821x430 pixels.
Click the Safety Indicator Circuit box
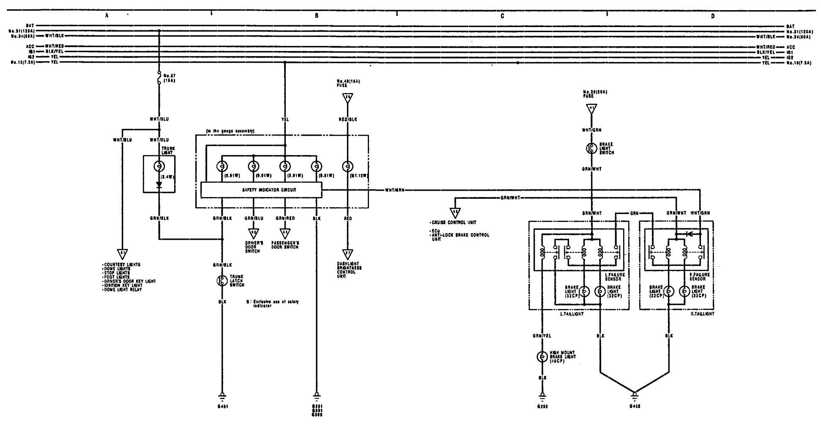261,190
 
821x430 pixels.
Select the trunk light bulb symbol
159,166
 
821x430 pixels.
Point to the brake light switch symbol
591,148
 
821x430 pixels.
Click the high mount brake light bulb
542,357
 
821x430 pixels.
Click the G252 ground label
542,406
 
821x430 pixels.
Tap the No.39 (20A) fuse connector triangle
591,109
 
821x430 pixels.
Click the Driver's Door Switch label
254,247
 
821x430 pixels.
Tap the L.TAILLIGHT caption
572,314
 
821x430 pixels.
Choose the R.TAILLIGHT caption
703,314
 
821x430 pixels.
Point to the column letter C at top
502,16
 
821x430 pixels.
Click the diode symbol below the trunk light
159,184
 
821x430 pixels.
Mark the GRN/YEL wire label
542,336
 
